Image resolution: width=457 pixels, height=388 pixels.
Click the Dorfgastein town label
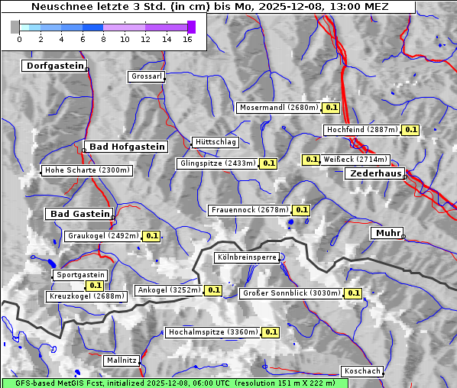(54, 66)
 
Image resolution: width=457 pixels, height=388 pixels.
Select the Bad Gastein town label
(79, 214)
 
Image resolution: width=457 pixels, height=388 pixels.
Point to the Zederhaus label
(375, 173)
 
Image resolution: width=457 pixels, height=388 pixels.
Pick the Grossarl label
(146, 76)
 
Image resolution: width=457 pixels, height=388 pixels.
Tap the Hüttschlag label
(216, 142)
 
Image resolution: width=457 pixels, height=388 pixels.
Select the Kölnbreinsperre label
(247, 258)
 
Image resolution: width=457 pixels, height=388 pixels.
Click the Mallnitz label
(122, 360)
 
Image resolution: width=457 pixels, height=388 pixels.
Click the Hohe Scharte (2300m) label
(87, 170)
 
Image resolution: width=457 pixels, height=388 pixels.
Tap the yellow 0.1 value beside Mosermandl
(331, 108)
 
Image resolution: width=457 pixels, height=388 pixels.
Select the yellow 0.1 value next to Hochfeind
(410, 130)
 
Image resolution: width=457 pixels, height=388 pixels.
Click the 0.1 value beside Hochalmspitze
(271, 332)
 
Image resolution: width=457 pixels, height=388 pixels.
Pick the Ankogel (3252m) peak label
(168, 290)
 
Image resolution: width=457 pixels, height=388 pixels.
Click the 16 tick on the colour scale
(187, 37)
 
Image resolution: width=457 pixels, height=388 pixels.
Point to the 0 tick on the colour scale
(19, 37)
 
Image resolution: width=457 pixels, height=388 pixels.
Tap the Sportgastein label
(80, 275)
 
